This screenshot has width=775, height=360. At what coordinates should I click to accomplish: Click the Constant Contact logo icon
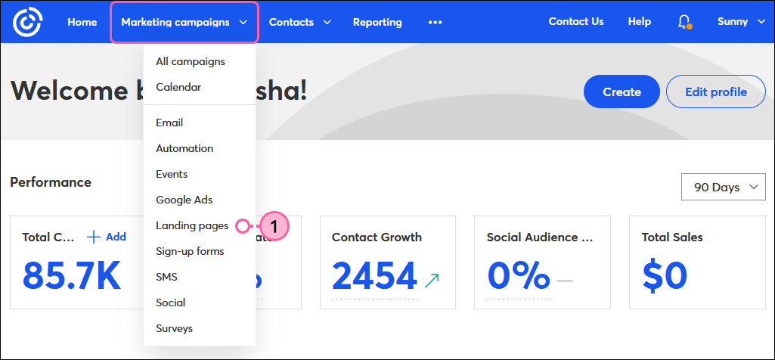pyautogui.click(x=27, y=22)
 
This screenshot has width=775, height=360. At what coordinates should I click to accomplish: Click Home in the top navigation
pyautogui.click(x=82, y=22)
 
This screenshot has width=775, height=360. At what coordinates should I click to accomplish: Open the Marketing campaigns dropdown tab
pyautogui.click(x=184, y=22)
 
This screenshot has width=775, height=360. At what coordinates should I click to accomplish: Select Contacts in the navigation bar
pyautogui.click(x=299, y=22)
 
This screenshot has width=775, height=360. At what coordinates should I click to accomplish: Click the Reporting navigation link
pyautogui.click(x=377, y=22)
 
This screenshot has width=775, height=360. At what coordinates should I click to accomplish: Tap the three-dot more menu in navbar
pyautogui.click(x=435, y=22)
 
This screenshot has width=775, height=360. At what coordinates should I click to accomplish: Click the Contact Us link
pyautogui.click(x=576, y=21)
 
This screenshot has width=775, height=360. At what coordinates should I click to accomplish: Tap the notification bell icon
pyautogui.click(x=684, y=22)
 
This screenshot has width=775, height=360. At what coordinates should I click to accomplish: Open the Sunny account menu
pyautogui.click(x=742, y=22)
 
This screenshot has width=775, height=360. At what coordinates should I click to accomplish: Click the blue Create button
pyautogui.click(x=622, y=92)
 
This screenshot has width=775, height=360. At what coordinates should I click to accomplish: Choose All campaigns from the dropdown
pyautogui.click(x=191, y=61)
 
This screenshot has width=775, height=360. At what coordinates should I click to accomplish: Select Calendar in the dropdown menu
pyautogui.click(x=178, y=87)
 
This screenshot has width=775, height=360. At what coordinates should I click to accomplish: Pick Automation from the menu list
pyautogui.click(x=184, y=148)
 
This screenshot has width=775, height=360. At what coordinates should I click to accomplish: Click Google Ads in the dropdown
pyautogui.click(x=184, y=200)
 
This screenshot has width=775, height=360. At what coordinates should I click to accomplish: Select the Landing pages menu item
pyautogui.click(x=192, y=225)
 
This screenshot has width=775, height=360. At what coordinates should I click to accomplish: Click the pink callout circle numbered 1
pyautogui.click(x=275, y=225)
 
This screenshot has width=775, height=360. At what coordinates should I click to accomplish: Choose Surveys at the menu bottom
pyautogui.click(x=174, y=328)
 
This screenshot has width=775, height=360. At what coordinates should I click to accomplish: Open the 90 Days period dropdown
pyautogui.click(x=724, y=187)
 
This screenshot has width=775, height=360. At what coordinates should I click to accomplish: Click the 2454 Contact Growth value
pyautogui.click(x=374, y=275)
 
